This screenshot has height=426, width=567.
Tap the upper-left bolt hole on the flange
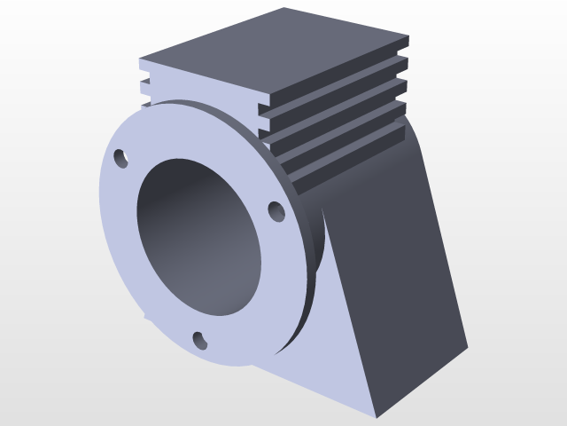pyautogui.click(x=121, y=159)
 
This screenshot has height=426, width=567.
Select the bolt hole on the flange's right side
pyautogui.click(x=276, y=210)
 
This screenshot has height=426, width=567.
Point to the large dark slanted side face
pyautogui.click(x=390, y=266)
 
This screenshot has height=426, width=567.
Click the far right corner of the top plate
pyautogui.click(x=408, y=38)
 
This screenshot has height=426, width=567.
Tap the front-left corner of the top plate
pyautogui.click(x=141, y=59)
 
